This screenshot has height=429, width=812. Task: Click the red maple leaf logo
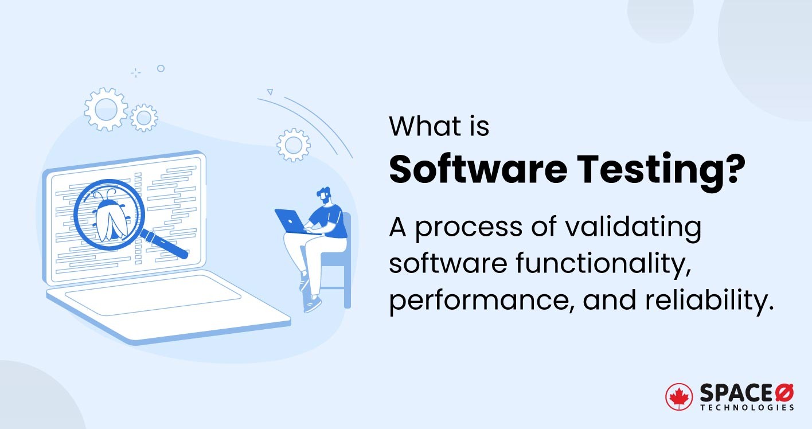click(x=679, y=397)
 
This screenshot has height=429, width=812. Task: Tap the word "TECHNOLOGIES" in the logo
click(x=747, y=408)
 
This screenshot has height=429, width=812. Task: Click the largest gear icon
click(x=106, y=108)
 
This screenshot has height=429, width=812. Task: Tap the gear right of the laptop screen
click(x=293, y=145)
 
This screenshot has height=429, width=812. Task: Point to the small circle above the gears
click(x=161, y=68)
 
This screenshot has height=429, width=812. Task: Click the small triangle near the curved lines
click(x=270, y=91)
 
